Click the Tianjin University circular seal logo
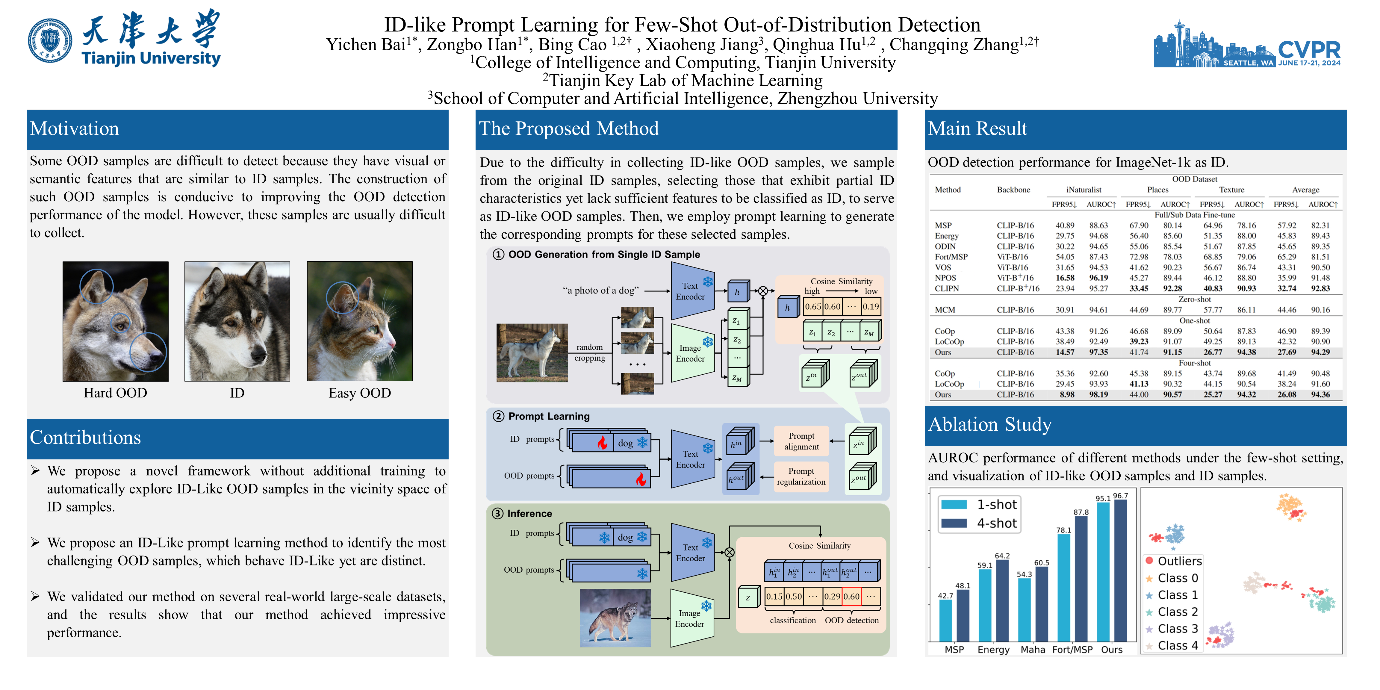[50, 41]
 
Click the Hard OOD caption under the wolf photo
[115, 393]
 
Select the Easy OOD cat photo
[359, 321]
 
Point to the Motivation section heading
[75, 129]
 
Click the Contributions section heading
[85, 438]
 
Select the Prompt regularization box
[801, 476]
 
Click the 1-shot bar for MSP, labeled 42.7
[945, 620]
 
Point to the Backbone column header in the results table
[1013, 190]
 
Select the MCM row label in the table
[945, 310]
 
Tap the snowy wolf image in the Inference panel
[615, 618]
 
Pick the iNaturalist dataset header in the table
[1083, 190]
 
